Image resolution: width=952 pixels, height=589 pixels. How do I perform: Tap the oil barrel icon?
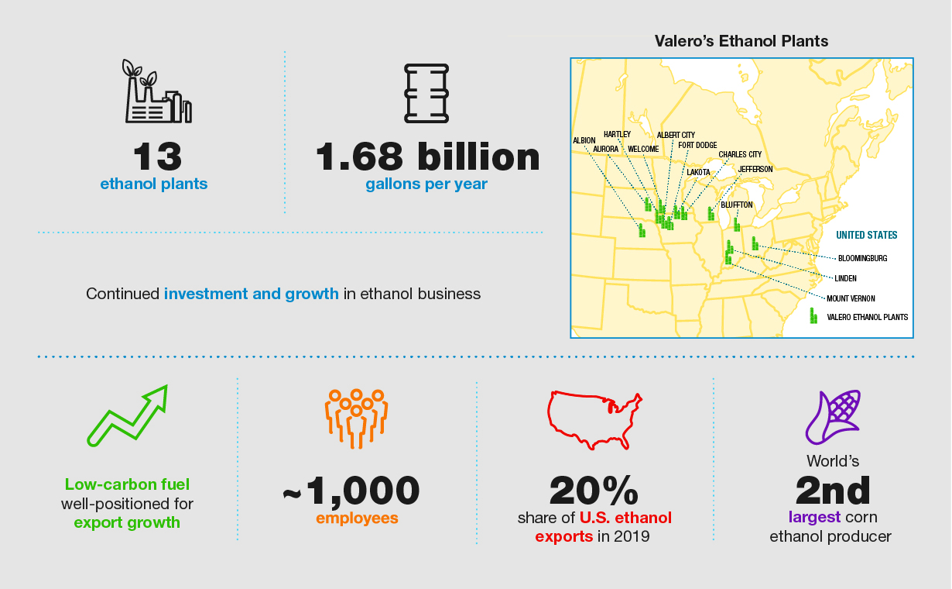click(x=426, y=92)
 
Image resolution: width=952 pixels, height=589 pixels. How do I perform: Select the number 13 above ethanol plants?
click(x=157, y=157)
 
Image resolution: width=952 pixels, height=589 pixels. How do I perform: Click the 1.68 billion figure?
click(x=427, y=157)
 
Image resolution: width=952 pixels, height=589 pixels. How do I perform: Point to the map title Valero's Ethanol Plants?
click(x=741, y=41)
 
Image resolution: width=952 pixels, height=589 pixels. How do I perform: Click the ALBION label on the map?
click(x=584, y=140)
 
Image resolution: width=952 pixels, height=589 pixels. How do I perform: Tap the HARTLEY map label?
click(x=617, y=134)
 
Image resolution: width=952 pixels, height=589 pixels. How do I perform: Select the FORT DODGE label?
click(x=697, y=145)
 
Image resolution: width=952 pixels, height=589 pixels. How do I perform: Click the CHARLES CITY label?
click(x=740, y=154)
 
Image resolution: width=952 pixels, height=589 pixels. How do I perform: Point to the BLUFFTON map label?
click(x=736, y=205)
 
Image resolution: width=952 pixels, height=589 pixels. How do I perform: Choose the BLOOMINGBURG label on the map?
click(x=862, y=258)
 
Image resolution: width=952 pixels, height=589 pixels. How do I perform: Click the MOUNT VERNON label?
click(x=850, y=298)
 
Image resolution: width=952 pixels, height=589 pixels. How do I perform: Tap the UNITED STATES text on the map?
click(x=866, y=235)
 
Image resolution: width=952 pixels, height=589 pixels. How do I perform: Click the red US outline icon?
click(x=594, y=419)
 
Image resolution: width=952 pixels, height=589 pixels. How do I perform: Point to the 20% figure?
click(x=594, y=491)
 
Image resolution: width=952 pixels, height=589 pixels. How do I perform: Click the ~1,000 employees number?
click(x=352, y=490)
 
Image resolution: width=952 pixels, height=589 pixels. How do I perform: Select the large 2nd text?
click(x=833, y=490)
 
